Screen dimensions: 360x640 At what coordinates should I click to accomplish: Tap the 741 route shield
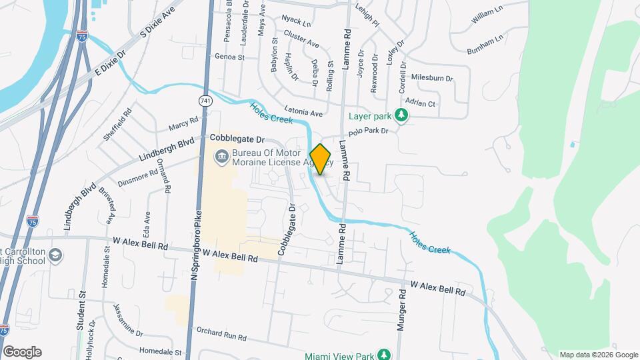pos(205,99)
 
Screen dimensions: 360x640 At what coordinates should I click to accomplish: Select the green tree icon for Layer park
pos(401,116)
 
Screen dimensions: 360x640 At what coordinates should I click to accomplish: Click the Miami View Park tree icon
pos(383,354)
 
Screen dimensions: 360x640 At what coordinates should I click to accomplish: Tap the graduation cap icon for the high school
pos(57,255)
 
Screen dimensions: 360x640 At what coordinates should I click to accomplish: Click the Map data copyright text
pos(597,355)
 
